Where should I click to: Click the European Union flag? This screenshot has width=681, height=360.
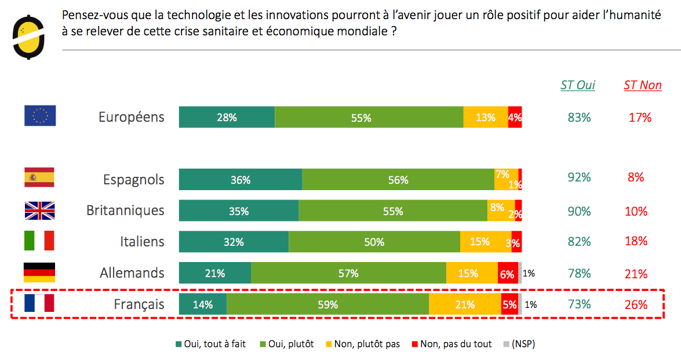(40, 116)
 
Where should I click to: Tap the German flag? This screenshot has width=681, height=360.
(39, 272)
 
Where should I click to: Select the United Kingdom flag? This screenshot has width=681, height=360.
(39, 210)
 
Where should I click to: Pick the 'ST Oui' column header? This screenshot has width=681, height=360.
(577, 85)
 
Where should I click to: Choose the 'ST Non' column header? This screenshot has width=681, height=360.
(642, 85)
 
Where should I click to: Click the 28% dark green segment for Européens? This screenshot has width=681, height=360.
(227, 118)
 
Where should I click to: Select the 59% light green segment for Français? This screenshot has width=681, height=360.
(327, 304)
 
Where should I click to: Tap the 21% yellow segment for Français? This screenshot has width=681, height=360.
(465, 304)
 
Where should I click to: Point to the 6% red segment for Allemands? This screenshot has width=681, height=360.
(507, 274)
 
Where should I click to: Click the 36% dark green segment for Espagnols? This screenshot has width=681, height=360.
(240, 180)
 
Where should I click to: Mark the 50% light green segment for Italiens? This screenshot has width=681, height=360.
(374, 242)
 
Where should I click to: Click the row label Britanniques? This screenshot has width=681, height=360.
(125, 210)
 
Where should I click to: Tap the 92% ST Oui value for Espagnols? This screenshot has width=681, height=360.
(579, 177)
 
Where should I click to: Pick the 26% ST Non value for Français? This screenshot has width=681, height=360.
(636, 304)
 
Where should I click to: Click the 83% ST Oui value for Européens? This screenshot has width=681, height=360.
(579, 117)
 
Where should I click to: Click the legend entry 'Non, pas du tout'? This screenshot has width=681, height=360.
(451, 344)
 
